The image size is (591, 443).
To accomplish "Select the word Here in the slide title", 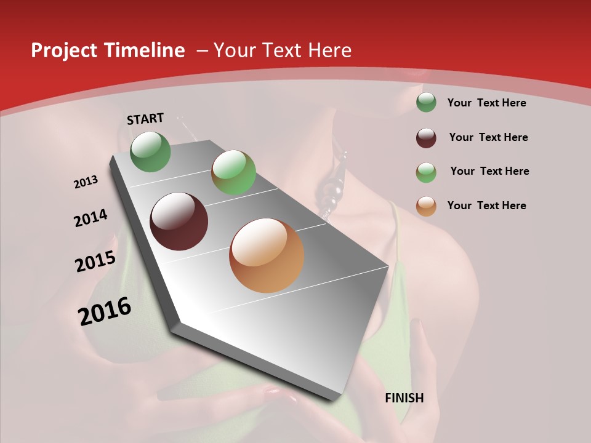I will tap(329, 50).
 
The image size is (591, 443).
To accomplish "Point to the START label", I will tap(145, 119).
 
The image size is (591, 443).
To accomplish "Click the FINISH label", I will tap(404, 398).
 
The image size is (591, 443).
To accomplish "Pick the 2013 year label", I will tap(86, 182).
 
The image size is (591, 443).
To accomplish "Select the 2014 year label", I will tap(91, 218).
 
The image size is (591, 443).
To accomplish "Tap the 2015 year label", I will tap(95, 261).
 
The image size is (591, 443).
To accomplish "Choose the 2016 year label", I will tap(105, 311).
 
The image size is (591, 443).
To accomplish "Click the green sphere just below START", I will tap(151, 151).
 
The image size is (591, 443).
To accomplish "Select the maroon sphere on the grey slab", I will tap(179, 221).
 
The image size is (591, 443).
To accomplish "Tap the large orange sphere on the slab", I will tap(267, 255).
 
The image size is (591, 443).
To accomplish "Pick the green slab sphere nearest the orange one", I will tap(233, 172).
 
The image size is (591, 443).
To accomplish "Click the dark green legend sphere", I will tap(426, 102).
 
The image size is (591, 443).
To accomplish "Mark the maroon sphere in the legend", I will tap(426, 138).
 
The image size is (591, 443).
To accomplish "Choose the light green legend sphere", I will tap(426, 172).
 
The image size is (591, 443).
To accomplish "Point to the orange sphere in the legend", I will tap(426, 206).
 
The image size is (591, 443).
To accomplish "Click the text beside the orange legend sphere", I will tap(486, 206).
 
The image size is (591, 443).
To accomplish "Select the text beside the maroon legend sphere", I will tap(488, 137).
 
